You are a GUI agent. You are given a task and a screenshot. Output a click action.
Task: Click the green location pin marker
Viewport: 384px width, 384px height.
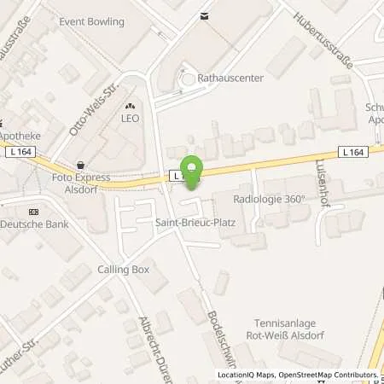coord(193,172)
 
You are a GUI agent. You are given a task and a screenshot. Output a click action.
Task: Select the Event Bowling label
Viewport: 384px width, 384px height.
coord(91,22)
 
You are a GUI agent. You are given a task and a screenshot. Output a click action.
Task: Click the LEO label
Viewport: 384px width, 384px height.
coord(130,119)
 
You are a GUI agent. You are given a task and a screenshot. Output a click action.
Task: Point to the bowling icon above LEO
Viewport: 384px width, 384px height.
coord(130,104)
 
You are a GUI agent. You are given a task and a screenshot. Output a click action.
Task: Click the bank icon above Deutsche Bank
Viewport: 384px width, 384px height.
coord(33,211)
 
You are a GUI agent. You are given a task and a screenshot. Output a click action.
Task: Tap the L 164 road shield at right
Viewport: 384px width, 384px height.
coord(352,152)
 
